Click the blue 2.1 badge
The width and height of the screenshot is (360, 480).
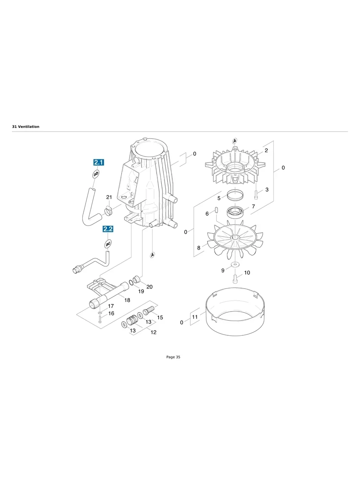tap(99, 162)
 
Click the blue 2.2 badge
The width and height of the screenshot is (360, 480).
tap(108, 229)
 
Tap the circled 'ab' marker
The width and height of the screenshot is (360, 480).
tap(96, 174)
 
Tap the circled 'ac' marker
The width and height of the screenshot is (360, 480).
tap(108, 243)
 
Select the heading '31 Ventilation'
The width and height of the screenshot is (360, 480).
tap(26, 126)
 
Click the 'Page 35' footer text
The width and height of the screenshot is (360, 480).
tap(173, 357)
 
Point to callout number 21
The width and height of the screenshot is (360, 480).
tap(109, 197)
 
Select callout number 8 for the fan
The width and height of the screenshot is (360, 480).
tap(199, 248)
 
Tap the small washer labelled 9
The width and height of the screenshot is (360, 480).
tap(235, 264)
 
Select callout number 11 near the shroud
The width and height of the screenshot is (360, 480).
tap(195, 317)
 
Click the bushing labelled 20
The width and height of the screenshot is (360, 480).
tap(136, 278)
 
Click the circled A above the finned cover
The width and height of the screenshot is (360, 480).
tap(235, 141)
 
